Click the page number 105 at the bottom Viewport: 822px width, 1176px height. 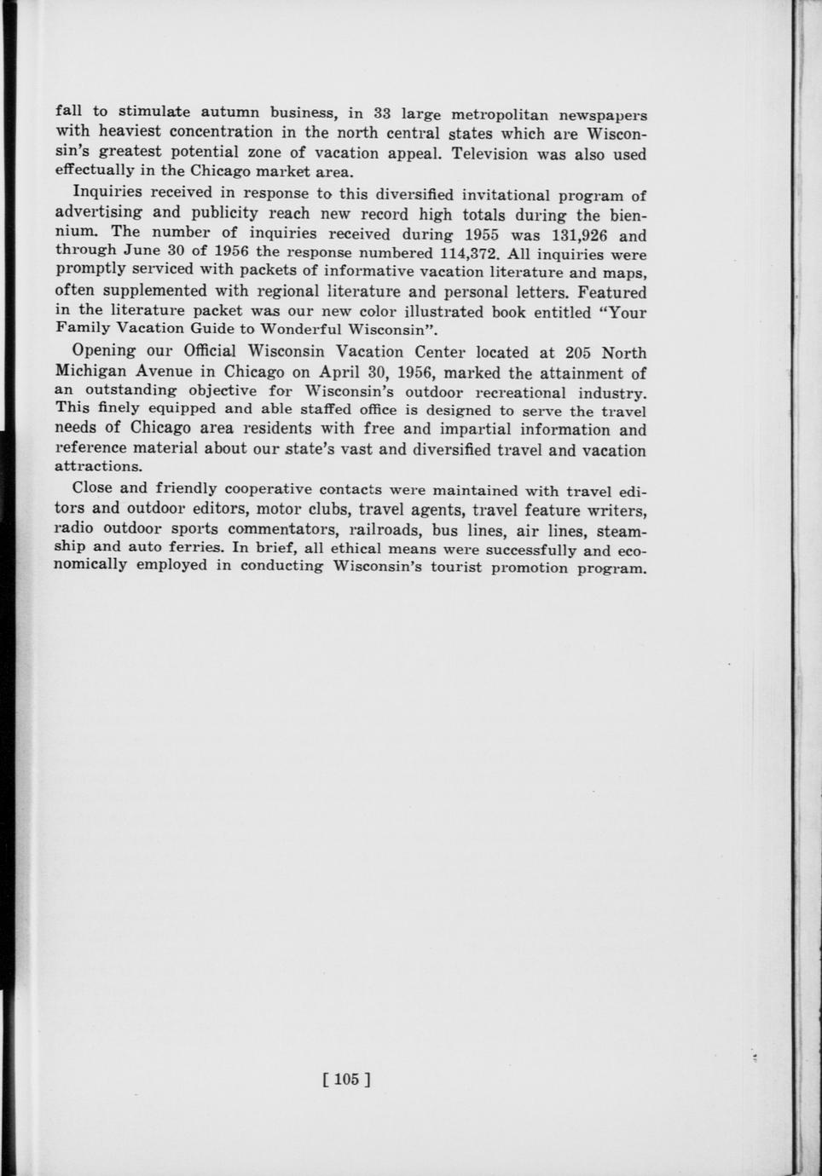click(x=345, y=1080)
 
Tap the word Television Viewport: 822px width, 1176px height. click(x=496, y=154)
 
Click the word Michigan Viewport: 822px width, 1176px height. click(x=91, y=372)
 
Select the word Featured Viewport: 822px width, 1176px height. click(x=612, y=292)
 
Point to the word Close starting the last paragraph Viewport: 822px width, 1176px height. click(x=93, y=488)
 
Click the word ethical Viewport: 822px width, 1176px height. click(x=356, y=548)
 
